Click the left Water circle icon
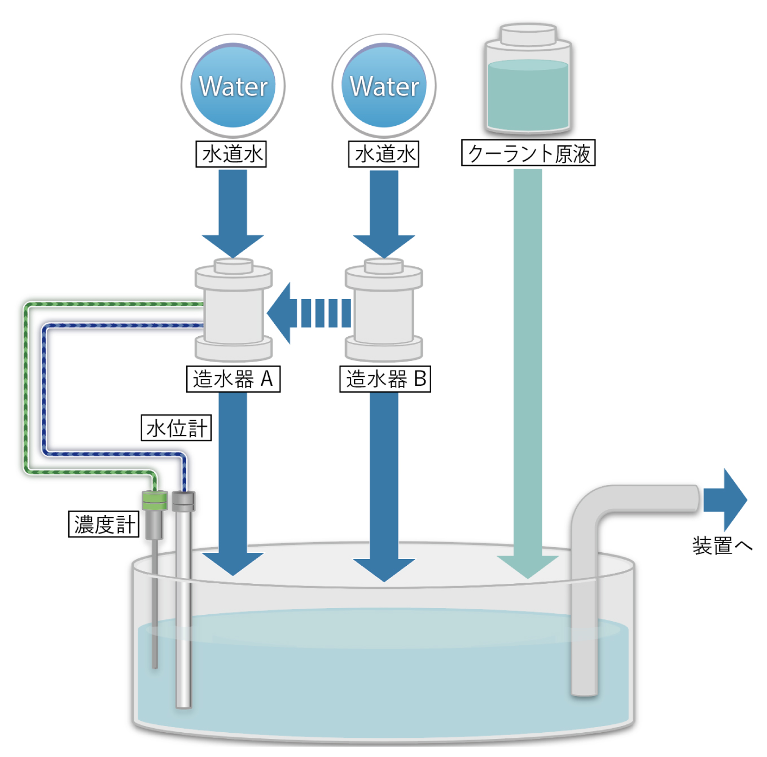[233, 86]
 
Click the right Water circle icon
[384, 86]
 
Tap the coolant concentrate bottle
[528, 79]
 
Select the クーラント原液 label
[528, 153]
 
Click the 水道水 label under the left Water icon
[231, 154]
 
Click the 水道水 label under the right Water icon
[384, 154]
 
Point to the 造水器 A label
[233, 378]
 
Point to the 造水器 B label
[385, 378]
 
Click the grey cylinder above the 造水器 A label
[234, 310]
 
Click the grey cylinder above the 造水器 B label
[384, 310]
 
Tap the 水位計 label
[176, 428]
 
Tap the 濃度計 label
[104, 525]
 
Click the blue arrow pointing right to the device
[725, 500]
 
